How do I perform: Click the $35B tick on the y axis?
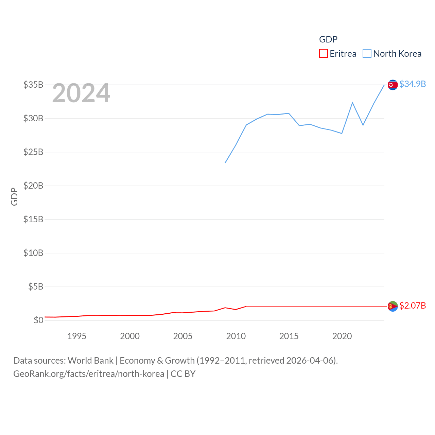[33, 85]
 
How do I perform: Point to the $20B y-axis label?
[33, 186]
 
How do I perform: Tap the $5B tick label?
[36, 286]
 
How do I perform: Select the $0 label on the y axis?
[38, 320]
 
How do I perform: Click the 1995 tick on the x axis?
[77, 336]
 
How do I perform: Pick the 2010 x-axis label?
[236, 336]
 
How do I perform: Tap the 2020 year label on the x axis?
[342, 336]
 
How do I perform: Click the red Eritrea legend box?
[324, 54]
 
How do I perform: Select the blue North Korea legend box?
[367, 54]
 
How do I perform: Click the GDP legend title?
[328, 39]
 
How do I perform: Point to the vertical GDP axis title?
[14, 196]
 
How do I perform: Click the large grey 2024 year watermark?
[81, 93]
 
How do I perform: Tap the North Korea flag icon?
[393, 85]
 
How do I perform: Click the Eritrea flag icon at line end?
[393, 306]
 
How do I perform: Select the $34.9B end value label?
[413, 84]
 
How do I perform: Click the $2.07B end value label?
[413, 306]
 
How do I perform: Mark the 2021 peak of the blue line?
[352, 103]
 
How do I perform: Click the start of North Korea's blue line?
[225, 163]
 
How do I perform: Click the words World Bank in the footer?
[90, 361]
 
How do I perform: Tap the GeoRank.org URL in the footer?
[89, 374]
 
